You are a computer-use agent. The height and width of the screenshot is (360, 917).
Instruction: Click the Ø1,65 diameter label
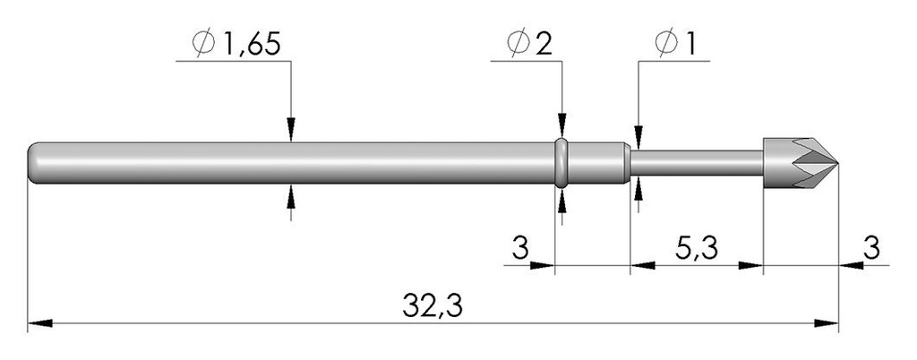click(236, 45)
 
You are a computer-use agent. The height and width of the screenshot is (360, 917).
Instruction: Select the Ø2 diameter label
click(530, 45)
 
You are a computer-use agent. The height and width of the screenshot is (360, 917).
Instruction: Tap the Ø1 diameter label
click(675, 45)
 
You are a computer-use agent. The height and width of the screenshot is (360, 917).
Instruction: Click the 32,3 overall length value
click(433, 305)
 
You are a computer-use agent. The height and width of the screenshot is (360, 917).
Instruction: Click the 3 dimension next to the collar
click(520, 248)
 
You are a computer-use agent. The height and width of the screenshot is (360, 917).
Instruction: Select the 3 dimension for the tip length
click(871, 248)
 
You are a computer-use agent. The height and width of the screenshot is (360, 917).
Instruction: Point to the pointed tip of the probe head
click(837, 163)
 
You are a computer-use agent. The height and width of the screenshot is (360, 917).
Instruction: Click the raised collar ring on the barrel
click(561, 163)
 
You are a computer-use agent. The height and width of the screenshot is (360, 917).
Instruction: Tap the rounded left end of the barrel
click(33, 163)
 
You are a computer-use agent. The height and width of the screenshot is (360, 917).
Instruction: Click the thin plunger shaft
click(697, 163)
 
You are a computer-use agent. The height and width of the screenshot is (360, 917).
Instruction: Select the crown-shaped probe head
click(801, 163)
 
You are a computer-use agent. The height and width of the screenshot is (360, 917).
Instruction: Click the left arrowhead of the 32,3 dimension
click(40, 323)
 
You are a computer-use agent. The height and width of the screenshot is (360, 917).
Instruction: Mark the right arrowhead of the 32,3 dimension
click(827, 323)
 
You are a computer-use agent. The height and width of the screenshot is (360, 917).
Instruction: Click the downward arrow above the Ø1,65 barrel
click(291, 129)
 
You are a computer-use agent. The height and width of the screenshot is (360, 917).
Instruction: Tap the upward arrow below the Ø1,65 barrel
click(291, 196)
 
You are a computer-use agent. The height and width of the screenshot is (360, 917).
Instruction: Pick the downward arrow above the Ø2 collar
click(562, 125)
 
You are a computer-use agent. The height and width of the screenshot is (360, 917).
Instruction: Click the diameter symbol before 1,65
click(204, 45)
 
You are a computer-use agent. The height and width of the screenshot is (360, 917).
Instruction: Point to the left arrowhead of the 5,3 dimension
click(642, 265)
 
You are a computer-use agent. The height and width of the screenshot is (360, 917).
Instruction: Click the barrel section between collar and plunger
click(599, 163)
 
